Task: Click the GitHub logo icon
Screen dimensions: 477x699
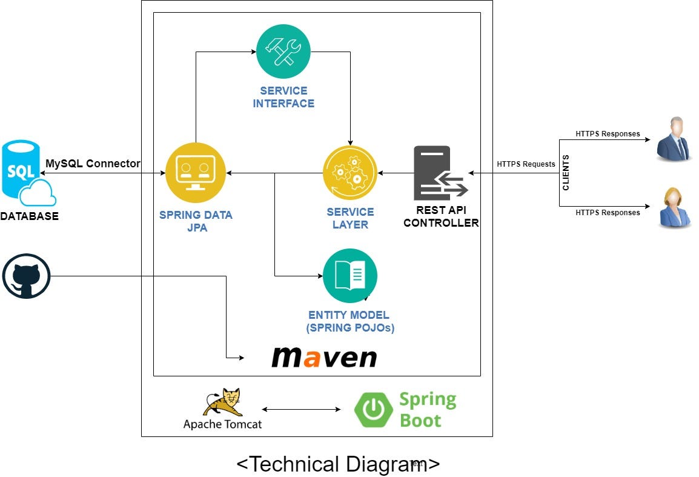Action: point(26,276)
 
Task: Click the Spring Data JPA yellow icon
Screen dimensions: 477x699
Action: point(195,173)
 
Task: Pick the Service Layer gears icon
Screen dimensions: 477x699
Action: point(350,173)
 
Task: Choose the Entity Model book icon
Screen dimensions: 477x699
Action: point(350,276)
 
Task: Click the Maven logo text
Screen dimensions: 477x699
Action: point(324,357)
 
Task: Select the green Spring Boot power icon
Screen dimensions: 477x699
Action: point(374,410)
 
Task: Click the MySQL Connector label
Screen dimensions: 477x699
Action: point(93,164)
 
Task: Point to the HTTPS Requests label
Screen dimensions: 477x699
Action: point(526,164)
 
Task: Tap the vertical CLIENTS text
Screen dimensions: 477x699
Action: point(566,173)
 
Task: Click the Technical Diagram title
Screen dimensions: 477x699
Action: point(338,464)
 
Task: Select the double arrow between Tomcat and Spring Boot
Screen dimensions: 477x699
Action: point(301,410)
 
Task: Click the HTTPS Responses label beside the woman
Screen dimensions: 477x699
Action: point(608,213)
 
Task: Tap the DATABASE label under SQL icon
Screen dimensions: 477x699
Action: point(30,216)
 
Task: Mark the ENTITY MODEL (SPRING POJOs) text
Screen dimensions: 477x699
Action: point(349,322)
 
